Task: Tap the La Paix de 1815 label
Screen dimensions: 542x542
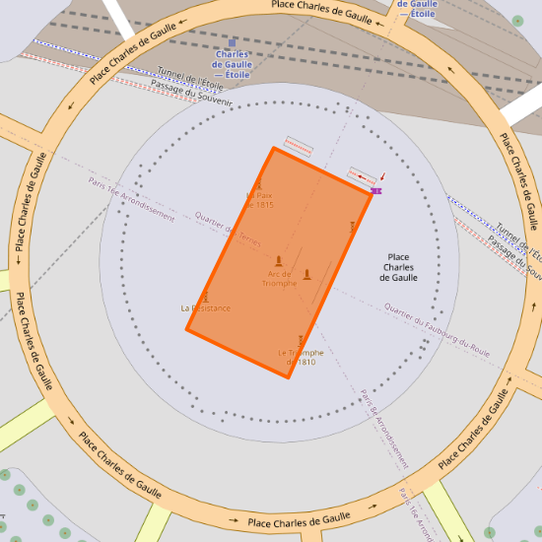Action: tap(258, 200)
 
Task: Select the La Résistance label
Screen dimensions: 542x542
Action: tap(206, 308)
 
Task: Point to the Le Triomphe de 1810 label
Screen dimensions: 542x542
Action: tap(301, 358)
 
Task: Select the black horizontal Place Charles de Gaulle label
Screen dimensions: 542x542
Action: tap(398, 267)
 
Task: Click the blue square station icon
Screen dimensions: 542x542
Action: tap(233, 42)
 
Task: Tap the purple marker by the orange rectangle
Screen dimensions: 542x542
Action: tap(376, 189)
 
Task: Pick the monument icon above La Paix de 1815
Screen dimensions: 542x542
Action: tap(259, 184)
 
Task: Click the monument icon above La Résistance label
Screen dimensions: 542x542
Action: tap(206, 297)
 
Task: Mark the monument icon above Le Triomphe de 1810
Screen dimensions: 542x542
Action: tap(301, 340)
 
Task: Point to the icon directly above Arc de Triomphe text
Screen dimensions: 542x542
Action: tap(279, 261)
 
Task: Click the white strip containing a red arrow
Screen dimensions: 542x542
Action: tap(363, 175)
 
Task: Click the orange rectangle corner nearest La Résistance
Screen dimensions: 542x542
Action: tap(187, 329)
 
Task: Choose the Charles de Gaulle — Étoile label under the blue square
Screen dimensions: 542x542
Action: tap(233, 65)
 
